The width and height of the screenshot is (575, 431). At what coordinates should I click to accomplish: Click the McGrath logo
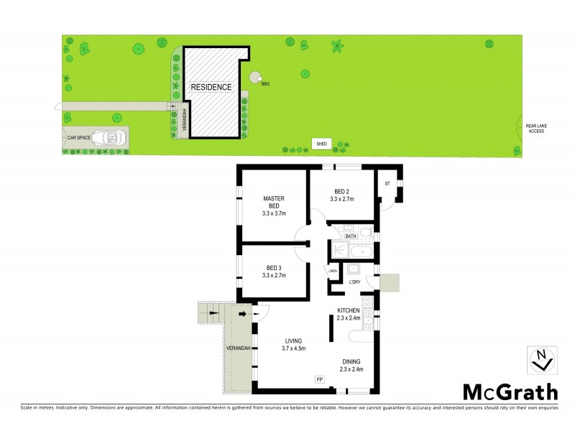click(510, 391)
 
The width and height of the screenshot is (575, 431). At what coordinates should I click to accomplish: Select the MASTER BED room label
click(275, 206)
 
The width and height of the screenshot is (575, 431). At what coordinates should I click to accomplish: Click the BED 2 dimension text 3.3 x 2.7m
click(342, 200)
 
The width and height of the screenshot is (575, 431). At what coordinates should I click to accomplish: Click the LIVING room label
click(293, 340)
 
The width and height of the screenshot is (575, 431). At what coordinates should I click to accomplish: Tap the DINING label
click(351, 361)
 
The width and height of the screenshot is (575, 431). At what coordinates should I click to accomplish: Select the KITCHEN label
click(349, 310)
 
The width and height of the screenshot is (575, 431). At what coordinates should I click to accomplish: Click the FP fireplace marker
click(319, 379)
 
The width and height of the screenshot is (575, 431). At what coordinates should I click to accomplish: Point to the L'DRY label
click(354, 282)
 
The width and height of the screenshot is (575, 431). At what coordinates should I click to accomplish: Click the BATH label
click(351, 236)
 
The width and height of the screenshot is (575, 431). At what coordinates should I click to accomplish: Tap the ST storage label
click(388, 184)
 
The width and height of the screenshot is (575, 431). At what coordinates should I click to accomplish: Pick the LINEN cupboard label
click(333, 271)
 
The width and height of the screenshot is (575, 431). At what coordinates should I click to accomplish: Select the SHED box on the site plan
click(321, 144)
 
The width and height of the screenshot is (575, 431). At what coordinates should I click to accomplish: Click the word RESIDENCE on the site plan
click(211, 87)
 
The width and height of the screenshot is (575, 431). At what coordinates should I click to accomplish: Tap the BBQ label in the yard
click(264, 84)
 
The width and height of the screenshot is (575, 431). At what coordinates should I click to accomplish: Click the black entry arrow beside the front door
click(242, 314)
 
